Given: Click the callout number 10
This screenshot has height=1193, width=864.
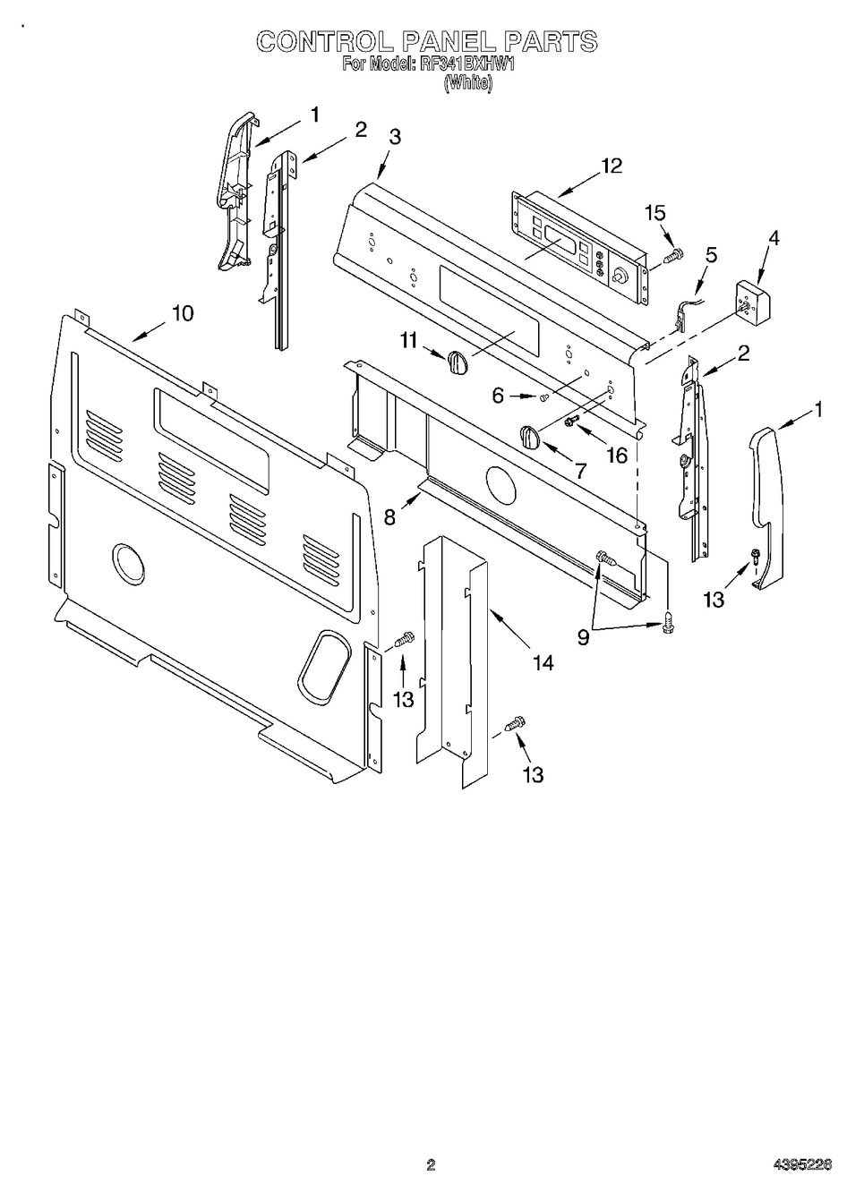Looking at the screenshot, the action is pos(182,313).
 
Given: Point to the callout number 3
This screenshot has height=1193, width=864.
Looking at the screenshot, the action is pos(395,137).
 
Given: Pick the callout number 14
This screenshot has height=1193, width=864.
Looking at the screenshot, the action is pos(541,662).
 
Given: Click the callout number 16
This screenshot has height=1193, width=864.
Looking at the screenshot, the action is pos(618,456).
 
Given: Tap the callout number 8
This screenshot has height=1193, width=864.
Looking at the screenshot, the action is pos(389,517).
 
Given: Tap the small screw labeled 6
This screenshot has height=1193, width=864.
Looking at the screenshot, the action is pos(543,396).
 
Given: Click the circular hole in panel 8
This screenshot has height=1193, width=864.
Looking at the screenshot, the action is pos(501,485).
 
